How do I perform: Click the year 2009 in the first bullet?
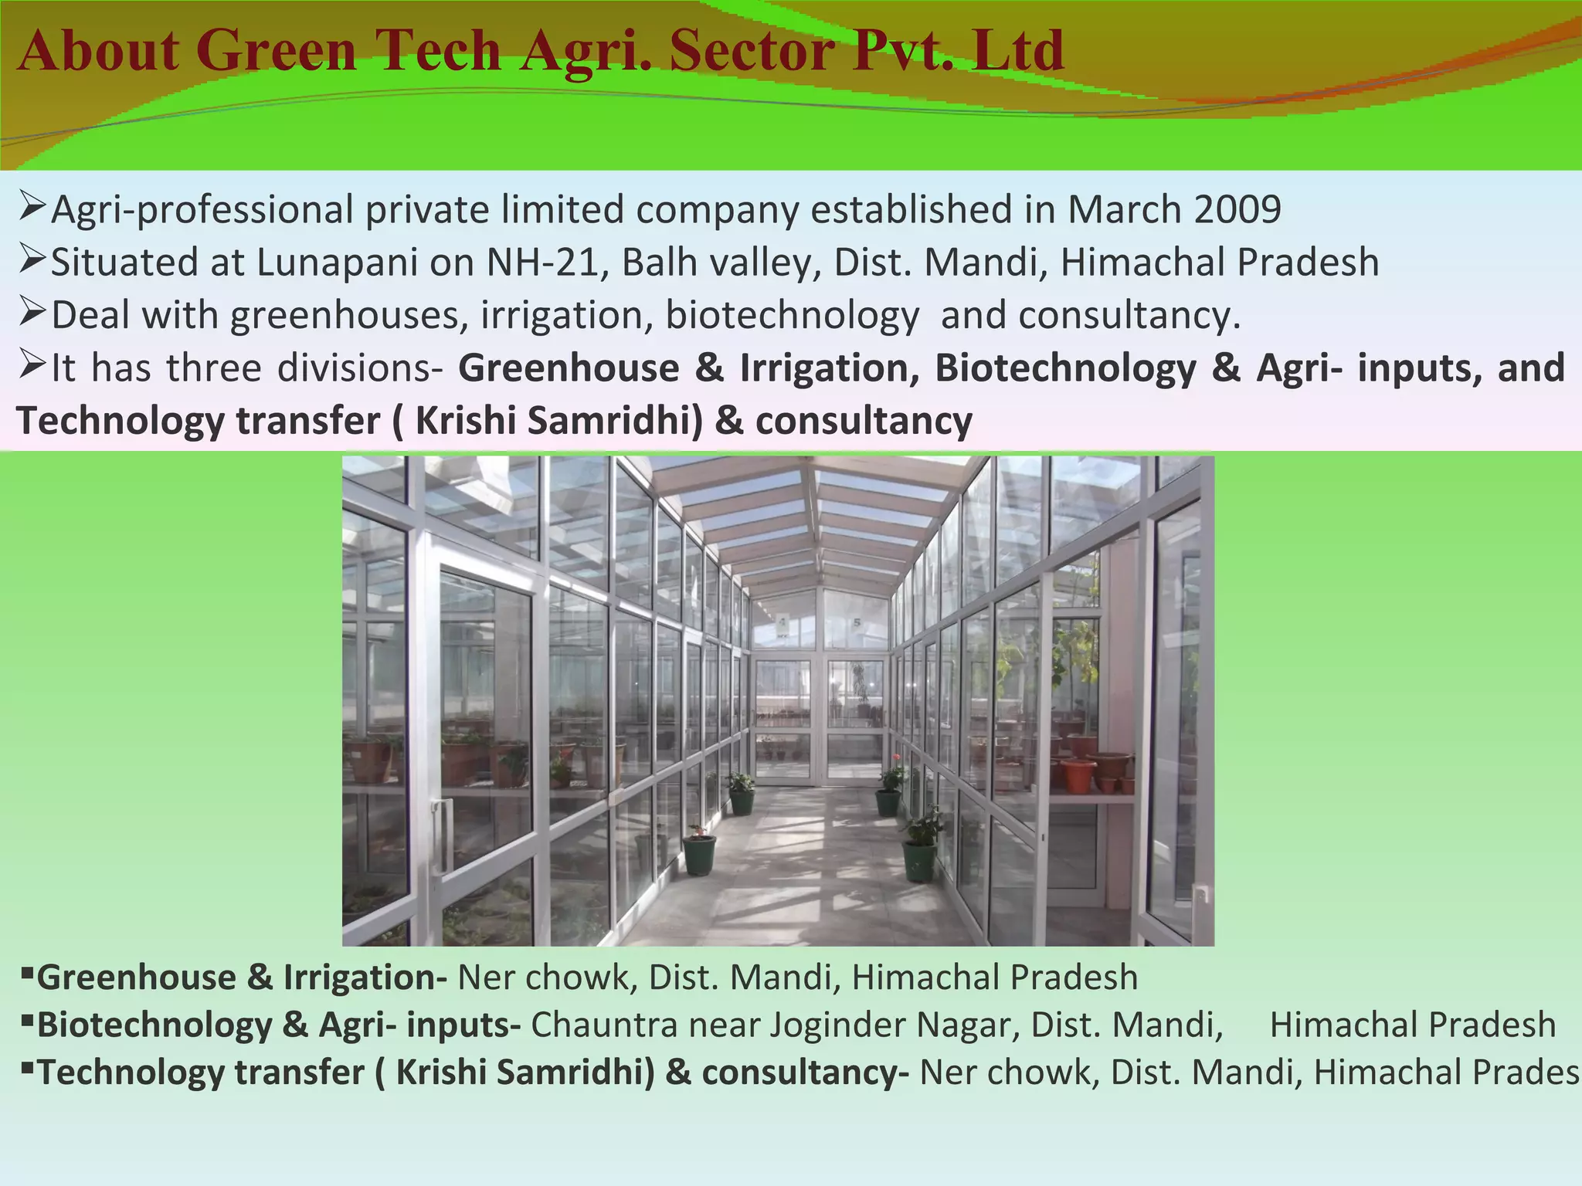1237,210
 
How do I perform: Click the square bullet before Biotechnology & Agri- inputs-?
26,1021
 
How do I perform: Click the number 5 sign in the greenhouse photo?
857,622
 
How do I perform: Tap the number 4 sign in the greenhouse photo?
783,622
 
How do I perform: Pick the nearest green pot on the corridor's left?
699,853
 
